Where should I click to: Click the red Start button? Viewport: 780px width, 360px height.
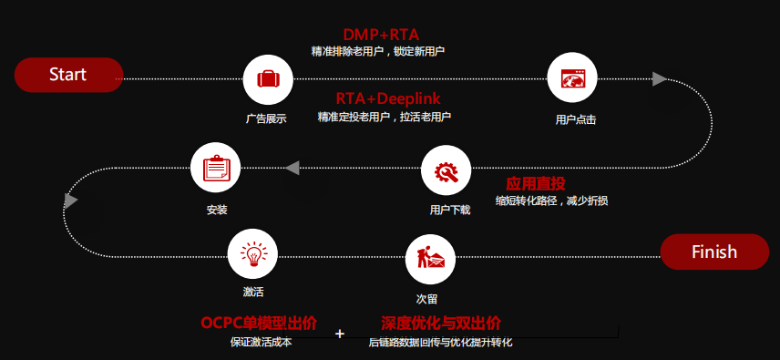tap(68, 75)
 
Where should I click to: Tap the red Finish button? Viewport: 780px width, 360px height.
tap(713, 252)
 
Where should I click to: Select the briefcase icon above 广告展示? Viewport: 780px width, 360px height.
tap(268, 78)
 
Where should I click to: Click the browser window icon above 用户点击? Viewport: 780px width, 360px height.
tap(572, 78)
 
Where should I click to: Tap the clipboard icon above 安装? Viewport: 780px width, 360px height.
tap(215, 169)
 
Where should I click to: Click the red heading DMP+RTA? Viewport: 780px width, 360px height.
tap(381, 36)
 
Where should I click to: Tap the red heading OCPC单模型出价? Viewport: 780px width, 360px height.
tap(259, 324)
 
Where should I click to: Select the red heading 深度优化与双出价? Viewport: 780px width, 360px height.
tap(441, 324)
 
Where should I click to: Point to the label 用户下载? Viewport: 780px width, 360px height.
tap(450, 210)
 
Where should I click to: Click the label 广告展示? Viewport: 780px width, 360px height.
tap(266, 119)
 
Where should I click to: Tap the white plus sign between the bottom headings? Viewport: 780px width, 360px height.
tap(340, 334)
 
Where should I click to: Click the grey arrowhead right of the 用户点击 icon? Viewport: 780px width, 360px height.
tap(660, 79)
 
